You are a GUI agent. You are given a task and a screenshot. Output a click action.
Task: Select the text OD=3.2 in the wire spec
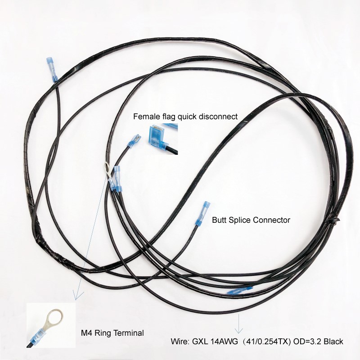tap(306, 342)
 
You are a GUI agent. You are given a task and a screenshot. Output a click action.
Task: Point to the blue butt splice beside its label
tap(201, 213)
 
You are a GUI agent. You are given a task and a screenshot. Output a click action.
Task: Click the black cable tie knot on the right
tap(335, 221)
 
